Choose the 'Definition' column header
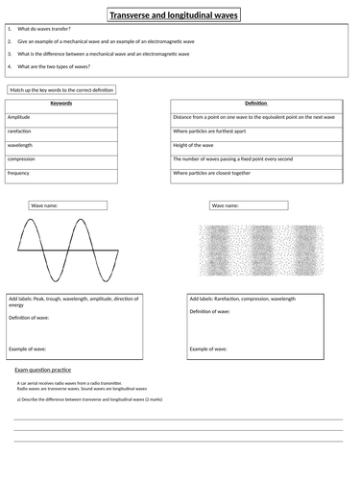coord(256,102)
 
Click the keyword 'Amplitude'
coord(20,115)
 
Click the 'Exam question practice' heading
coord(44,370)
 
